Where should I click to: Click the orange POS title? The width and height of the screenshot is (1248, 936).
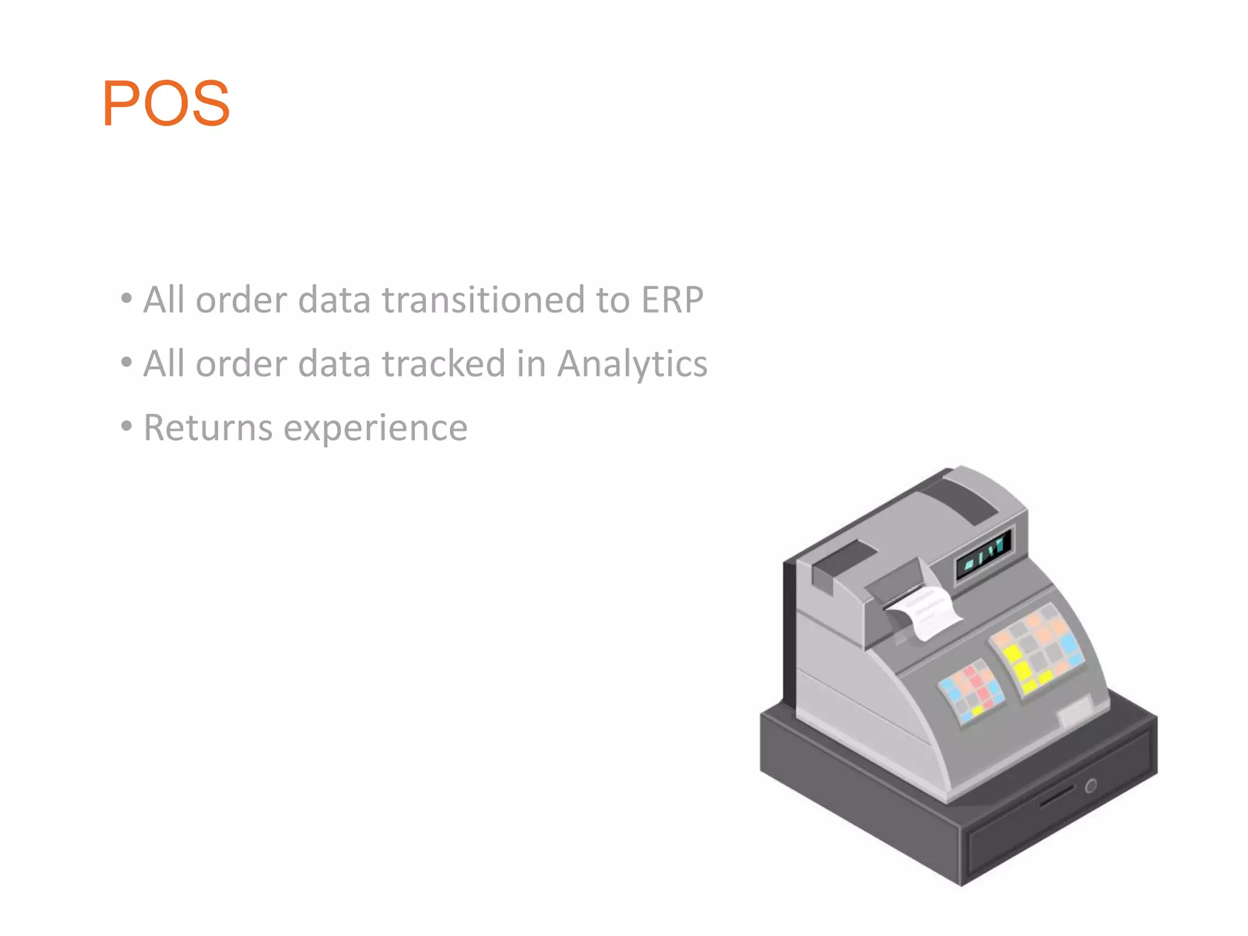pyautogui.click(x=166, y=103)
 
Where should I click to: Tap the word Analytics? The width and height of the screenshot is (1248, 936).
pyautogui.click(x=632, y=364)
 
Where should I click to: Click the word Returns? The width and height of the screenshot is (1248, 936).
pyautogui.click(x=208, y=428)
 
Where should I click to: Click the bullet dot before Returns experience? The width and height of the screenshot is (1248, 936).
pyautogui.click(x=126, y=426)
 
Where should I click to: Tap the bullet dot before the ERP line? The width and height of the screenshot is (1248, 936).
pyautogui.click(x=126, y=298)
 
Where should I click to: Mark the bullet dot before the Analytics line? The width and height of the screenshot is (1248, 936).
pyautogui.click(x=126, y=362)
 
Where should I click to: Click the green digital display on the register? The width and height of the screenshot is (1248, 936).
pyautogui.click(x=984, y=553)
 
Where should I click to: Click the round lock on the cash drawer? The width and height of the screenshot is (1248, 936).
pyautogui.click(x=1090, y=785)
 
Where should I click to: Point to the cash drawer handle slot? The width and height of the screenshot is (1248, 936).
pyautogui.click(x=1055, y=796)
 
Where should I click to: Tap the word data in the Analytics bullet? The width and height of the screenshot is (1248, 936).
pyautogui.click(x=334, y=364)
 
